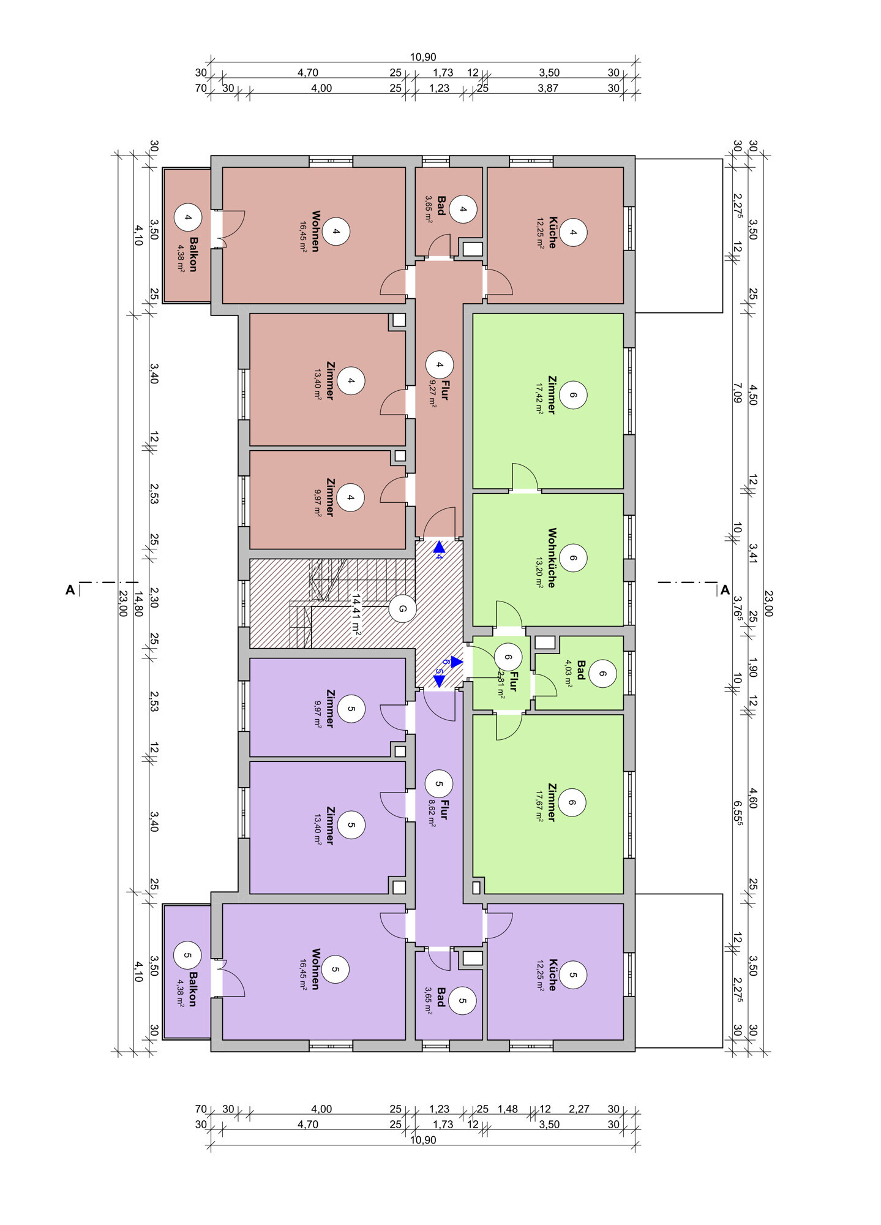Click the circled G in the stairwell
402,609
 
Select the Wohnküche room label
552,558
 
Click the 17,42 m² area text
539,398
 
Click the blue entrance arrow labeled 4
438,548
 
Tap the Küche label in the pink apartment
552,232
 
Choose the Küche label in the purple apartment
552,974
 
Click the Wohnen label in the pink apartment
316,232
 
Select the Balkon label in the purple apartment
192,989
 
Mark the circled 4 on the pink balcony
187,217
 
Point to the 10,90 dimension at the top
423,57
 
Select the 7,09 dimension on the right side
738,392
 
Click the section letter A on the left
70,590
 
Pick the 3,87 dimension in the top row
548,88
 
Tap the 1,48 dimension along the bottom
508,1109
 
